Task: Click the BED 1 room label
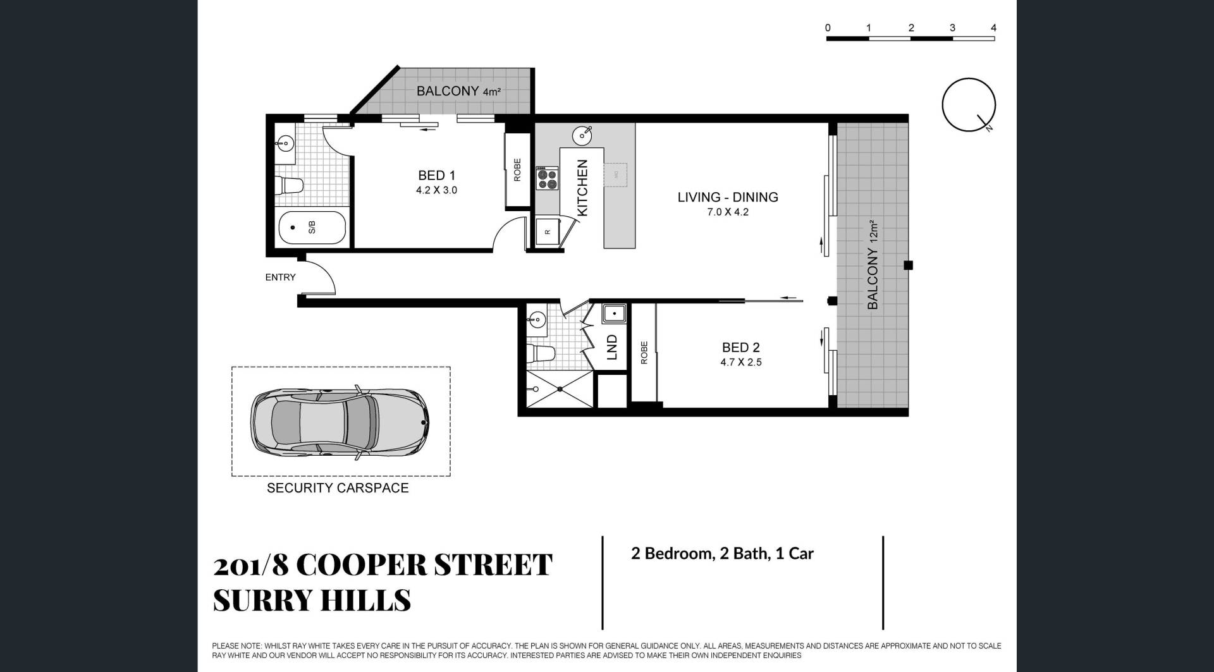pyautogui.click(x=436, y=176)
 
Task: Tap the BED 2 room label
pyautogui.click(x=740, y=348)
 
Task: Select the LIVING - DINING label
pyautogui.click(x=728, y=197)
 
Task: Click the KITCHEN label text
pyautogui.click(x=582, y=187)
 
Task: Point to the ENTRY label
pyautogui.click(x=280, y=277)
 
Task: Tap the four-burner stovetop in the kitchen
pyautogui.click(x=548, y=178)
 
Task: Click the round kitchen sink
pyautogui.click(x=582, y=135)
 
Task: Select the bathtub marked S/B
pyautogui.click(x=312, y=228)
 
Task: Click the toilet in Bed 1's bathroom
pyautogui.click(x=290, y=186)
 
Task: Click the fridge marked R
pyautogui.click(x=548, y=232)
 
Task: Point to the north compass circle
pyautogui.click(x=969, y=105)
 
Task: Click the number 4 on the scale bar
pyautogui.click(x=994, y=28)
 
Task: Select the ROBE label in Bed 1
pyautogui.click(x=517, y=170)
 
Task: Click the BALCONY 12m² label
pyautogui.click(x=873, y=265)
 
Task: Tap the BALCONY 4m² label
pyautogui.click(x=458, y=91)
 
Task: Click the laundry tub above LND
pyautogui.click(x=614, y=314)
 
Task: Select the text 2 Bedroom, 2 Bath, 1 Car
pyautogui.click(x=722, y=554)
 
